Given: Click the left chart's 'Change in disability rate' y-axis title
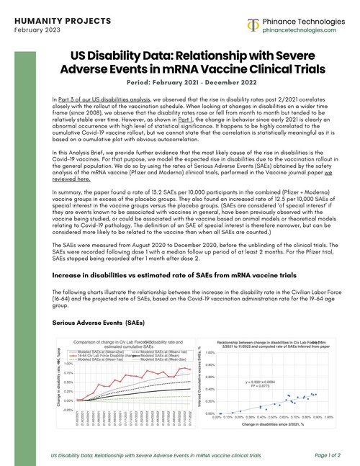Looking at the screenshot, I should [x=59, y=382].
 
